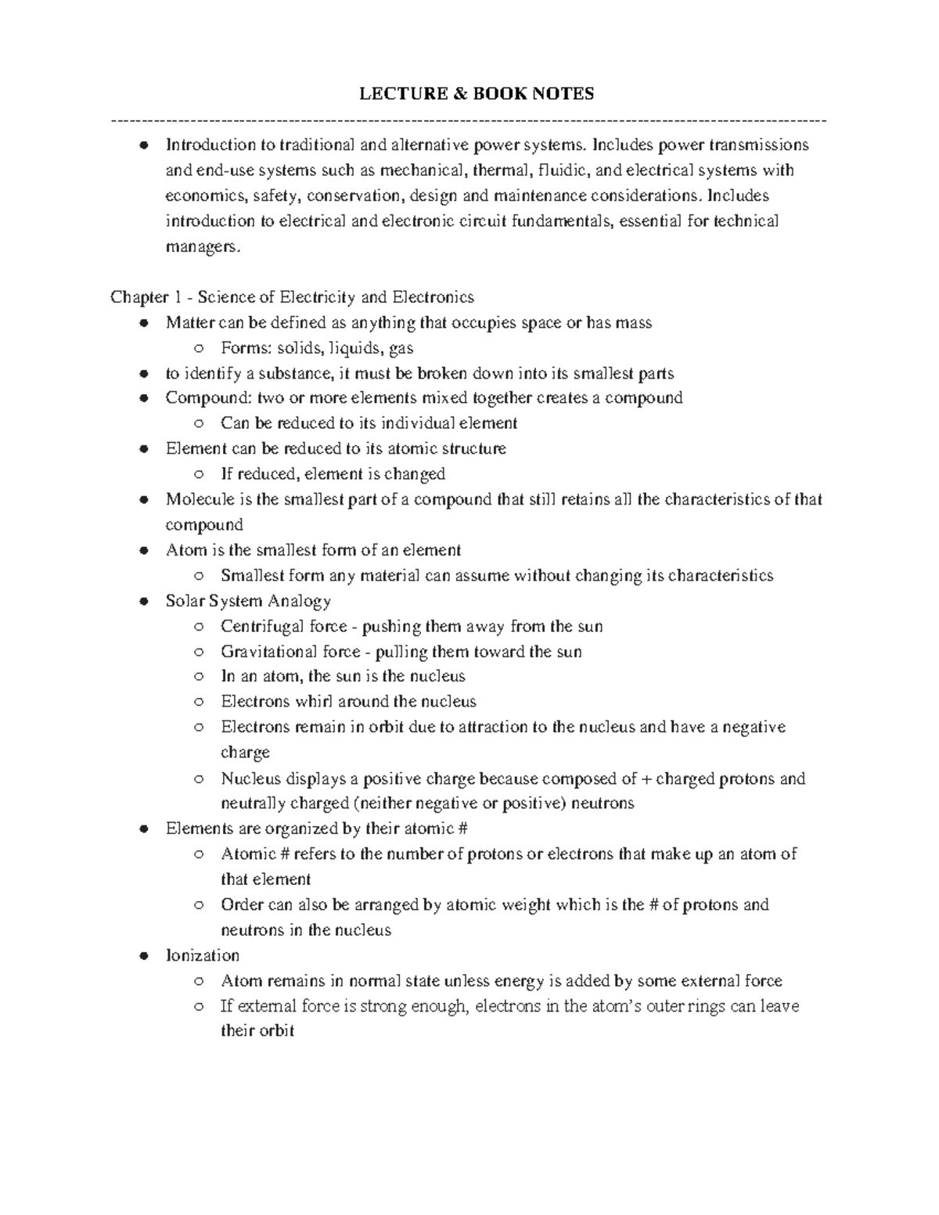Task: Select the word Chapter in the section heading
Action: point(139,297)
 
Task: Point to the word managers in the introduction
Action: point(199,247)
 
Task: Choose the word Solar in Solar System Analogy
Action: point(185,602)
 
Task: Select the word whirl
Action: point(314,702)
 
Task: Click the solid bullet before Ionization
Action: point(143,956)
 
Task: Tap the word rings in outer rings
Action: point(707,1006)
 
